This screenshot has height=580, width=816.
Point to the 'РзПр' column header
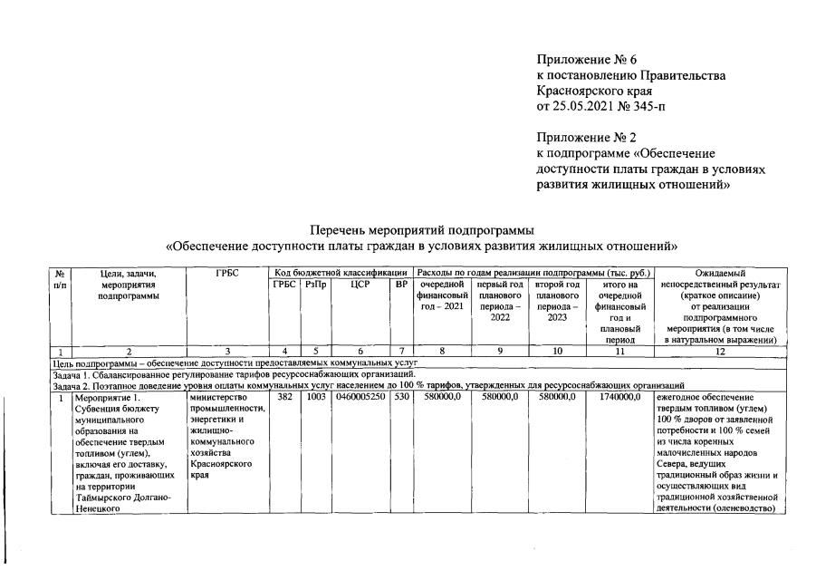[x=315, y=285]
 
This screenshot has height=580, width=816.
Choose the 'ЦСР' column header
[x=361, y=285]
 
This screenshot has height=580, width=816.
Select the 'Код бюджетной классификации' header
[x=341, y=272]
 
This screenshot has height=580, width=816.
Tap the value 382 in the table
[x=284, y=397]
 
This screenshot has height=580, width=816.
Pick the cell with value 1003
[x=315, y=397]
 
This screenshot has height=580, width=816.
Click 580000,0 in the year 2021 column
[x=442, y=397]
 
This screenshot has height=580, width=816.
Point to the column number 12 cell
[x=719, y=351]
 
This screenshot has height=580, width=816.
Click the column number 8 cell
[x=442, y=351]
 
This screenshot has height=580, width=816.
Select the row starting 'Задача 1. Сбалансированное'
[x=234, y=373]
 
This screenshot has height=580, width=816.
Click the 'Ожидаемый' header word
[x=720, y=272]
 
